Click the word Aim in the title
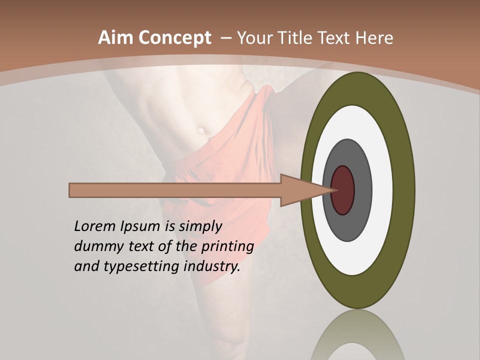tap(116, 38)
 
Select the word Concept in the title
tap(174, 38)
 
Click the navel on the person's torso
tap(201, 130)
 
